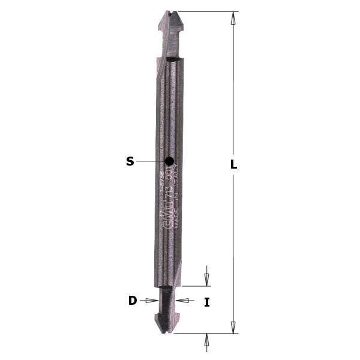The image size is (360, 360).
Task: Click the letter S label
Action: click(130, 161)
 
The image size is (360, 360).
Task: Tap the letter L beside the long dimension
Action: click(234, 164)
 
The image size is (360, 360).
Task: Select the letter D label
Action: click(133, 301)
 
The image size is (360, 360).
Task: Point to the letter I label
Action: click(207, 302)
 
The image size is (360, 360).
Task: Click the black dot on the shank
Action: click(169, 161)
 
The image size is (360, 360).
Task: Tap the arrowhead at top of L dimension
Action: click(233, 17)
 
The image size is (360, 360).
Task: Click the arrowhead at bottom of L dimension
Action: click(233, 328)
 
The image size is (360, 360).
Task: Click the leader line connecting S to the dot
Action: click(150, 161)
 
